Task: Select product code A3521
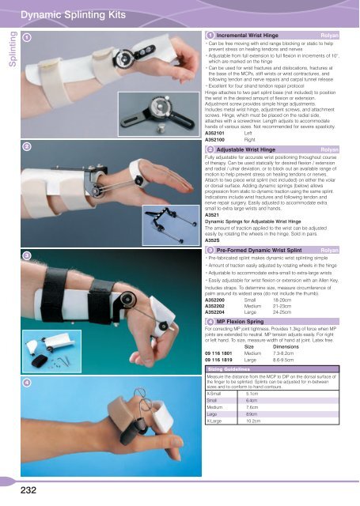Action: tap(212, 215)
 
